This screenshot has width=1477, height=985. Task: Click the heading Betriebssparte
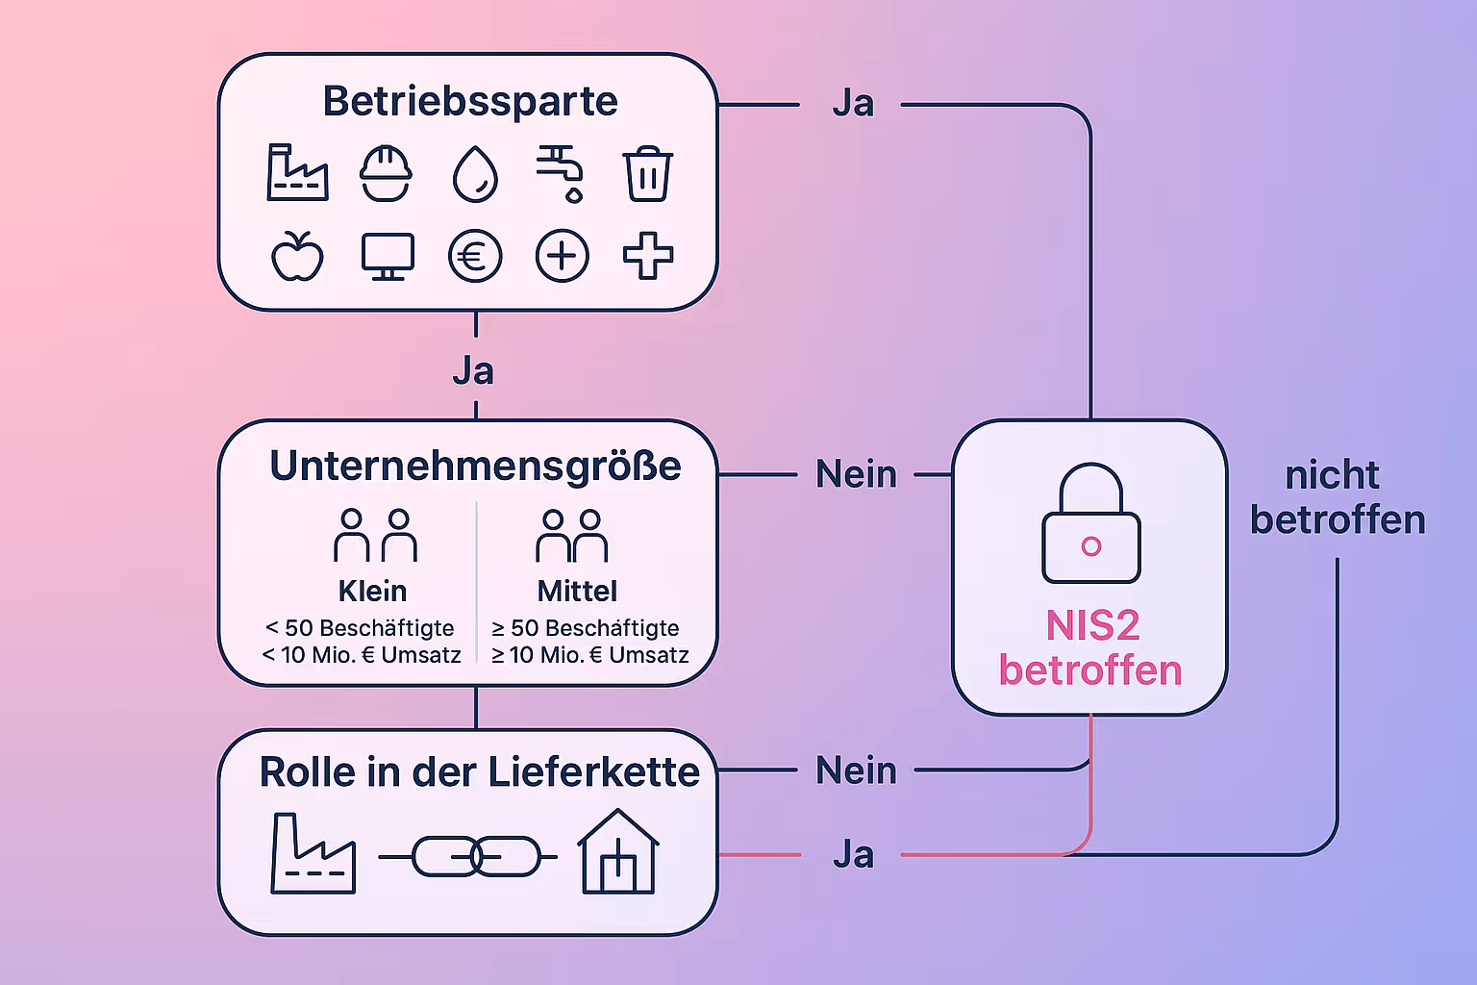click(469, 101)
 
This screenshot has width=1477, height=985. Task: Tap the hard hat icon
click(386, 173)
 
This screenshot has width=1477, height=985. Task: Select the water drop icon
click(475, 174)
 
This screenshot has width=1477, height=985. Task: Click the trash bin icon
click(648, 174)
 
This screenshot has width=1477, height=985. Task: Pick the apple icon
click(297, 256)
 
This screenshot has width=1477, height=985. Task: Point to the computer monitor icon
click(388, 256)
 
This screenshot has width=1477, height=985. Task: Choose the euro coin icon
click(475, 257)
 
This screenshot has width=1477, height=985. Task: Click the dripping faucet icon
click(561, 173)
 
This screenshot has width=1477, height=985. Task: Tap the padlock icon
click(1091, 523)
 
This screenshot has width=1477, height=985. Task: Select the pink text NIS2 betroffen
click(1090, 648)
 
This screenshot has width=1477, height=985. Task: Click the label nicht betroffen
click(1337, 497)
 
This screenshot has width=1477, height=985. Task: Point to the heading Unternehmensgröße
click(475, 466)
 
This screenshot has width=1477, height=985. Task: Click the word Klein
click(372, 591)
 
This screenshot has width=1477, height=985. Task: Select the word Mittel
click(577, 591)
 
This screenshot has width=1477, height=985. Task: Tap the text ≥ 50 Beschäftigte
click(586, 628)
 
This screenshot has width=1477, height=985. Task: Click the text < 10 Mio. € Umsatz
click(362, 655)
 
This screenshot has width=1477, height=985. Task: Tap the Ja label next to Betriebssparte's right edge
click(853, 104)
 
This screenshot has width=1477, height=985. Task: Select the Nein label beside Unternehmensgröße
click(856, 474)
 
